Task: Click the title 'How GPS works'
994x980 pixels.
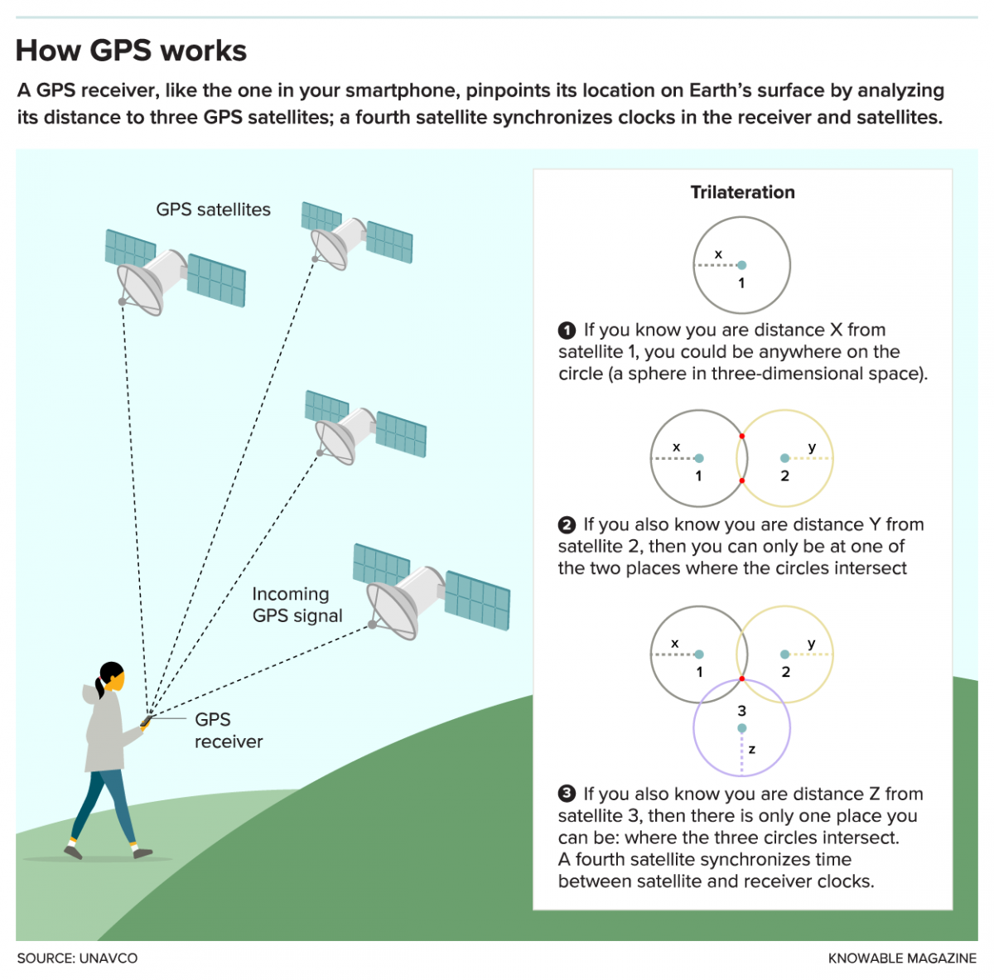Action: tap(131, 51)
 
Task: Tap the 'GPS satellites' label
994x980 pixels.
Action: tap(213, 210)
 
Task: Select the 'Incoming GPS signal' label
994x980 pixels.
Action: tap(297, 605)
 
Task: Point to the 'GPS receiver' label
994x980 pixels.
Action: tap(228, 731)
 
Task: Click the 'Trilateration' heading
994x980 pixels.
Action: tap(742, 192)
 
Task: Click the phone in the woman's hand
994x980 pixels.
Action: tap(147, 721)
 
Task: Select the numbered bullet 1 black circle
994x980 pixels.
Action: tap(567, 331)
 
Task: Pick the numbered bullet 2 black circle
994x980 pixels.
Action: tap(567, 525)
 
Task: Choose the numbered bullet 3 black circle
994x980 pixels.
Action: tap(567, 794)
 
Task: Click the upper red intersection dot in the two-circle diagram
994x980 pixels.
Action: tap(742, 437)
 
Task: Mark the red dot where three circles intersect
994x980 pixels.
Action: tap(742, 679)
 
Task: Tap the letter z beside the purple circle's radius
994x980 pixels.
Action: tap(752, 750)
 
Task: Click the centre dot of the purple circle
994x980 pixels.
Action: tap(742, 728)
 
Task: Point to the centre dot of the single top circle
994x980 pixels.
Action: tap(742, 265)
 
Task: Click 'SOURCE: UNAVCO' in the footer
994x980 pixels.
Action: tap(77, 958)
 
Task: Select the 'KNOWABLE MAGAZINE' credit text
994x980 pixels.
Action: tap(902, 958)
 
